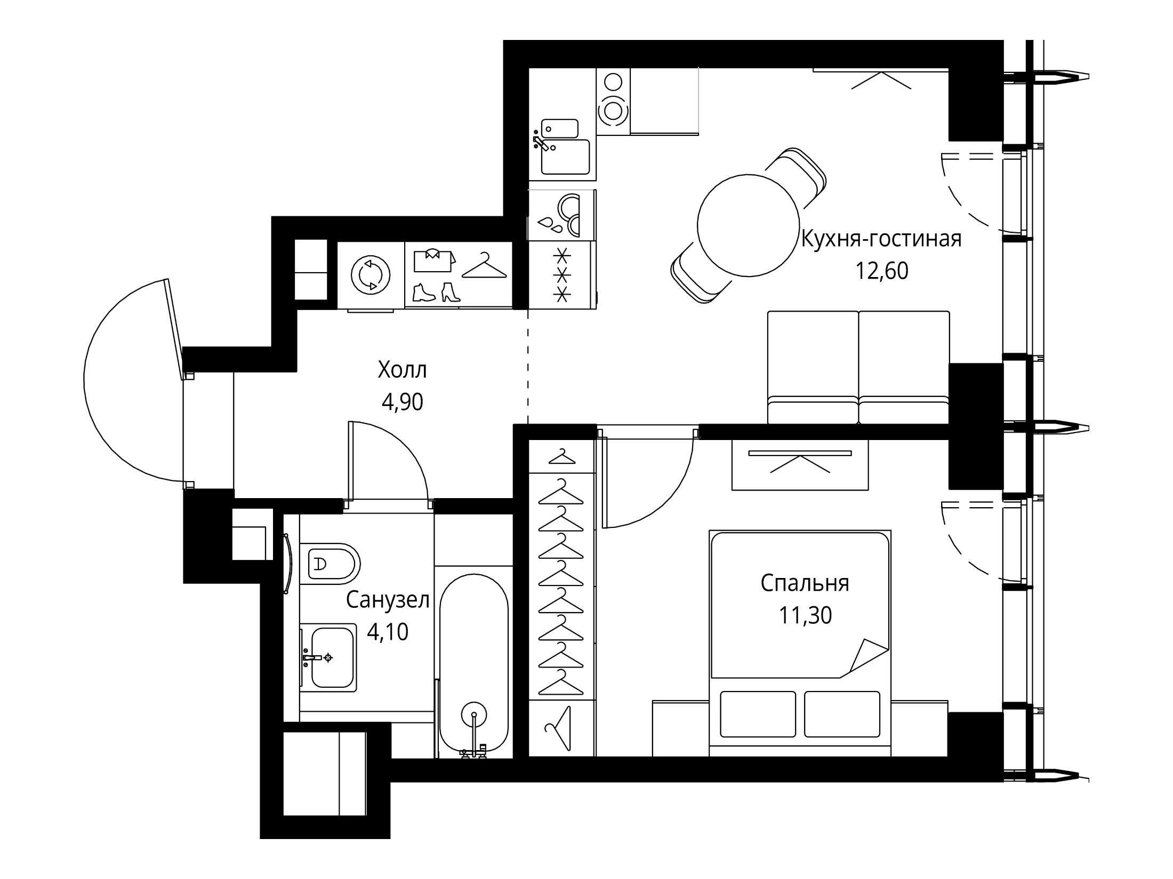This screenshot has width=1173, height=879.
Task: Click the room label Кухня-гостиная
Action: [881, 239]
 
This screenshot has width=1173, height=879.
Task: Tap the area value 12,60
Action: [882, 272]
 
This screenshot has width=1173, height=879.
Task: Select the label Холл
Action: [403, 370]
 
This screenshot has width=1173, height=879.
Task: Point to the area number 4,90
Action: [403, 402]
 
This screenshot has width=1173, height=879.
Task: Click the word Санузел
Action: [388, 600]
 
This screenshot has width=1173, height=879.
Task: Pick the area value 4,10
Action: [388, 632]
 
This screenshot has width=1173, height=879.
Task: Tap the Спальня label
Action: [805, 583]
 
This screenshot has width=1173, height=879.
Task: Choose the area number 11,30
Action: [805, 616]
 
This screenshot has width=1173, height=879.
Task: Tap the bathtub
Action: [474, 665]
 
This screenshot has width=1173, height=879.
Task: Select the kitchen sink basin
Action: [566, 157]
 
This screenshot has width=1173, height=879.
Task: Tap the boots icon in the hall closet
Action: [437, 294]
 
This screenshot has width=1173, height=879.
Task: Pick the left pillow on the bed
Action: [758, 714]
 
